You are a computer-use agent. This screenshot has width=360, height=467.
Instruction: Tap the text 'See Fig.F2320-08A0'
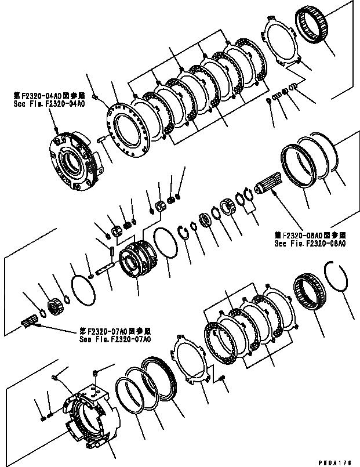(311, 244)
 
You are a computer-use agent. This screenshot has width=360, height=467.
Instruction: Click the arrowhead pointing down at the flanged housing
(57, 132)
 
